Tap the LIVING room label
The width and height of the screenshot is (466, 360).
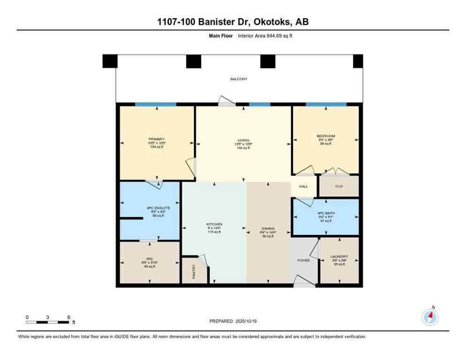(243, 139)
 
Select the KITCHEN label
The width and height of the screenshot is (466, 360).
(214, 224)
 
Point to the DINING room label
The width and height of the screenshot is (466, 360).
(268, 229)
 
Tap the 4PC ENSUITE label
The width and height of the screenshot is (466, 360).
(149, 207)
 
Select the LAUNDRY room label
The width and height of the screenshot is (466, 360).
(339, 256)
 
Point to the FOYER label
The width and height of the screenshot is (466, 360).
(304, 260)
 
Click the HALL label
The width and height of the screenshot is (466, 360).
(304, 187)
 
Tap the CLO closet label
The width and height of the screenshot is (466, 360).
(339, 186)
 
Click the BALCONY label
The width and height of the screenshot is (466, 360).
(239, 79)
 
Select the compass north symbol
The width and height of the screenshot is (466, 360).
(430, 317)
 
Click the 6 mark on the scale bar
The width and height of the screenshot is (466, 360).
(69, 317)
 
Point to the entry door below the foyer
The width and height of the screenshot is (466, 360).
(304, 281)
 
